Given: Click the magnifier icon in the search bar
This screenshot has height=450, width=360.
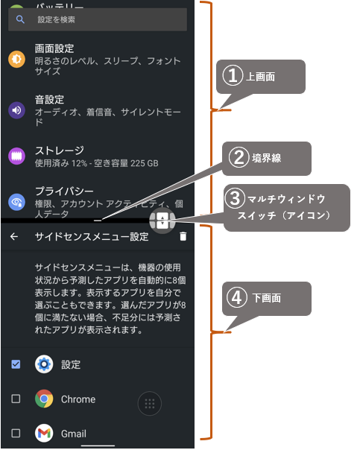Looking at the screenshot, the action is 20,19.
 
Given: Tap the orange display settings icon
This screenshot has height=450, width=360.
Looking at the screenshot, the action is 16,59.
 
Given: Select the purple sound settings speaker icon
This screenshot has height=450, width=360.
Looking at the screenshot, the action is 16,110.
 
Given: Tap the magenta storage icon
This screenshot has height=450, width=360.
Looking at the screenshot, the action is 16,156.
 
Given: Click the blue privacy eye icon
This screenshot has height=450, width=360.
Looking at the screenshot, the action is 16,202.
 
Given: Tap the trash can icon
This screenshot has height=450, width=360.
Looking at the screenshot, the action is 183,236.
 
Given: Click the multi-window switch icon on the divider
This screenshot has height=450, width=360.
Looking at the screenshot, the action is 162,221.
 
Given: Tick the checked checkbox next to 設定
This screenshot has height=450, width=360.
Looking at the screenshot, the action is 16,364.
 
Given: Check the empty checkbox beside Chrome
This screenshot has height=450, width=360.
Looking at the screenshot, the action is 16,399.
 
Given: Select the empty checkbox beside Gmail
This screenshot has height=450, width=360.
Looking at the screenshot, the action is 16,433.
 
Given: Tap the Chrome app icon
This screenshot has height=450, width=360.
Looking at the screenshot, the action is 44,399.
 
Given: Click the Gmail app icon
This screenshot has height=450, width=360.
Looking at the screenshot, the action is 44,433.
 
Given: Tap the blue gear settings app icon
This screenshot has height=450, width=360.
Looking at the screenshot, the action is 44,364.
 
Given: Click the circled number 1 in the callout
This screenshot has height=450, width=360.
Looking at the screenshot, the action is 233,76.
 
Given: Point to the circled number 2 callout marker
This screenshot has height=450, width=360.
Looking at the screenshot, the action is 239,157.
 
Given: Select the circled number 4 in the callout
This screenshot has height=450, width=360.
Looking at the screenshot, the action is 237,297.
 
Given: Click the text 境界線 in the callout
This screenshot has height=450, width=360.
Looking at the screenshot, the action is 267,158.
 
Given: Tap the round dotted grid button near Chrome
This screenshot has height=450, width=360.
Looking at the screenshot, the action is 150,404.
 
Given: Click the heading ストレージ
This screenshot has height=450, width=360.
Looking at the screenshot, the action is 60,150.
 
